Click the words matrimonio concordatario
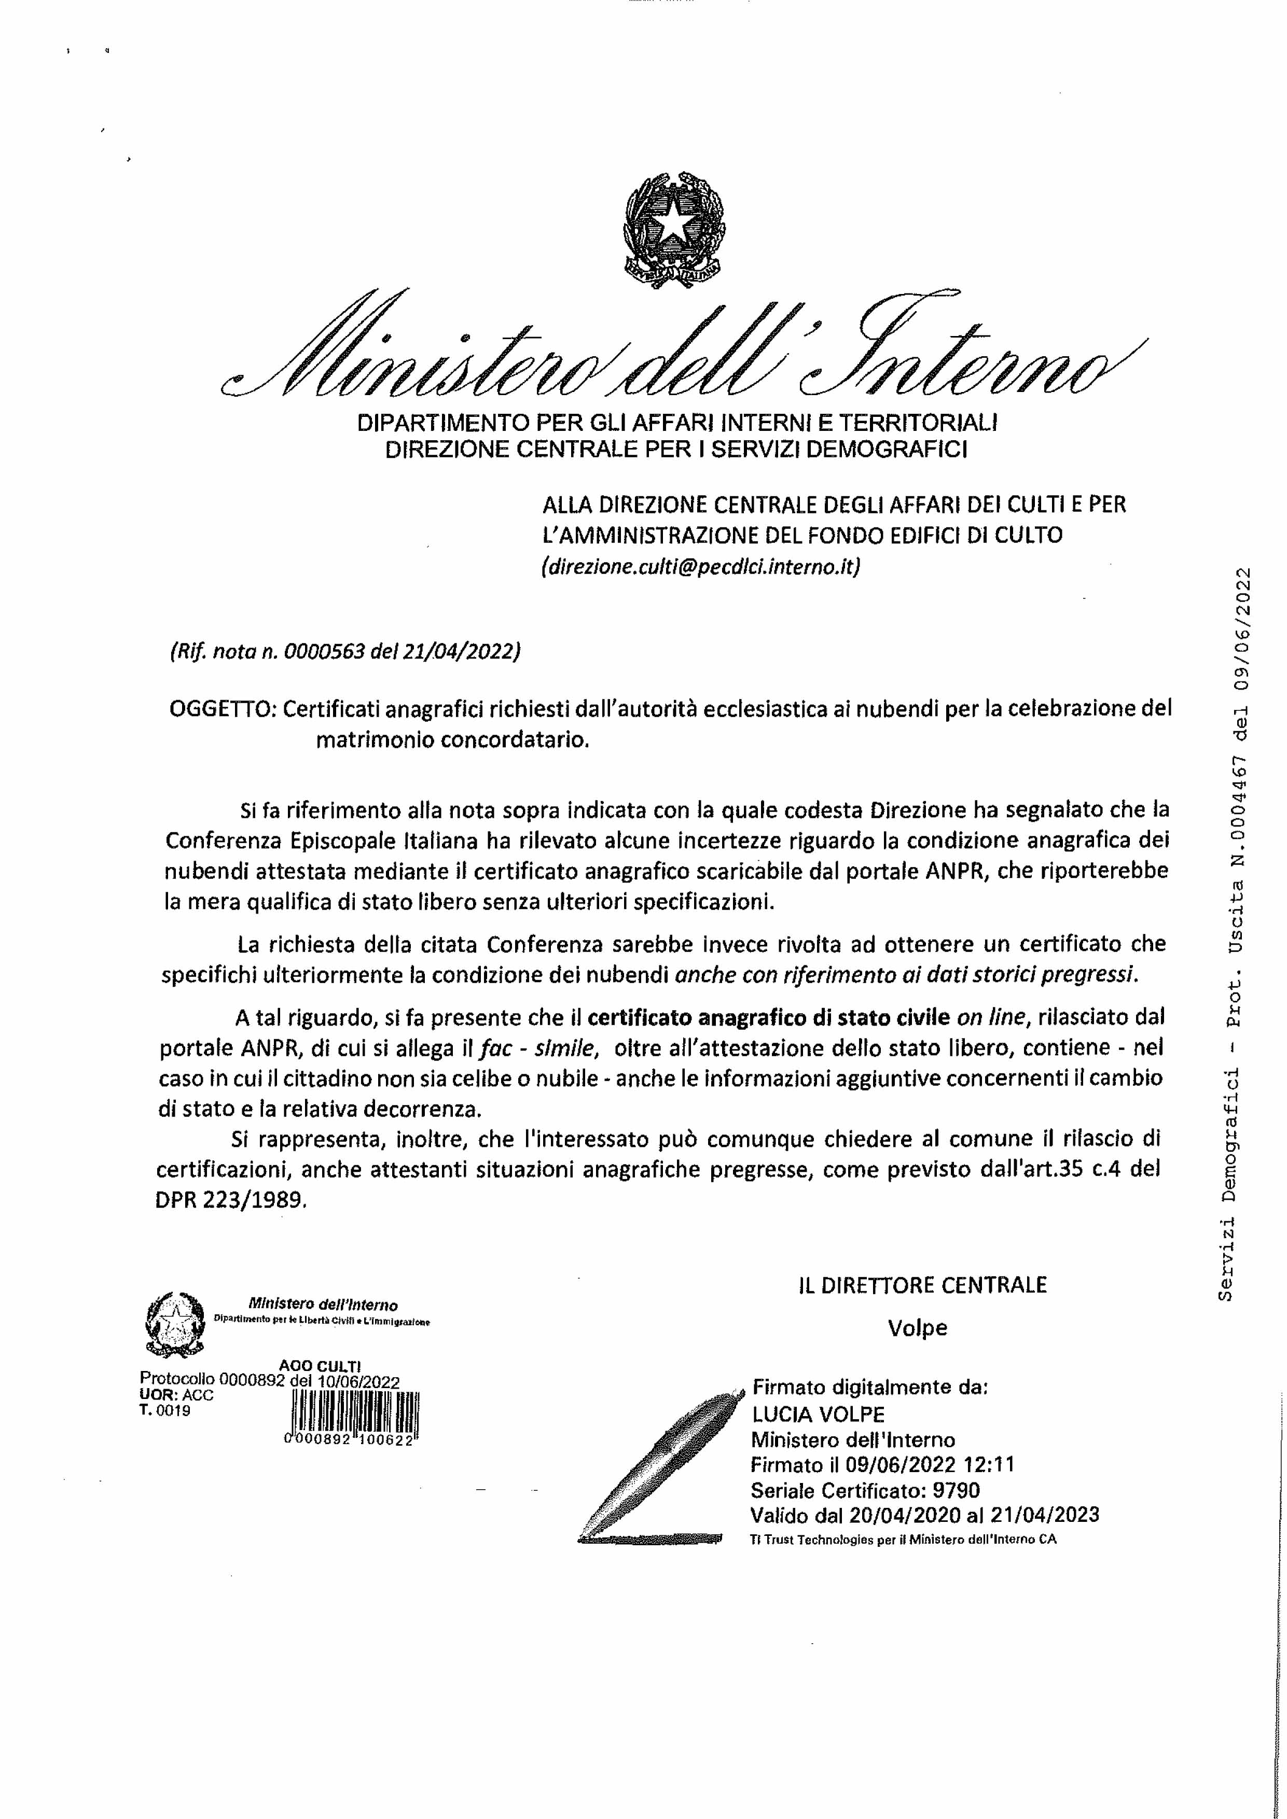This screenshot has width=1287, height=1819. click(x=453, y=741)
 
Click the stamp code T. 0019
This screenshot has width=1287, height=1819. click(x=165, y=1410)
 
